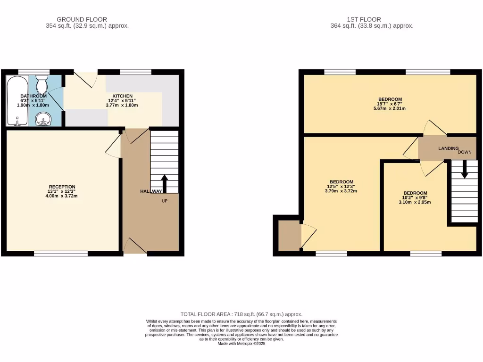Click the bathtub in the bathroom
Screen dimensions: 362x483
[x=17, y=101]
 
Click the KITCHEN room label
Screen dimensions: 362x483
[x=122, y=96]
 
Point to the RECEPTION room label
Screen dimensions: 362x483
[x=62, y=187]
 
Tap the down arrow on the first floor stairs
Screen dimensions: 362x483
[x=465, y=169]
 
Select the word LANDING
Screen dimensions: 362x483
[x=448, y=148]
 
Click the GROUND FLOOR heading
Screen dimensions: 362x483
[x=82, y=19]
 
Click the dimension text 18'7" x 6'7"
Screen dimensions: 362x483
[x=389, y=104]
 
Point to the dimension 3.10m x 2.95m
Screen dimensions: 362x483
[x=415, y=202]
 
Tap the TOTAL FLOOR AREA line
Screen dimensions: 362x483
[x=241, y=314]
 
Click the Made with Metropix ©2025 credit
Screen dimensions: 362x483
[x=241, y=344]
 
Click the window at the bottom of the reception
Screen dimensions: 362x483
[x=61, y=254]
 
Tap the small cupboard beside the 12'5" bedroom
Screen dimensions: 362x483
[x=289, y=235]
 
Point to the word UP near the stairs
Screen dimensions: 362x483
[x=164, y=201]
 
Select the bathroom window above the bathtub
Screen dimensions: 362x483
[x=33, y=72]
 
